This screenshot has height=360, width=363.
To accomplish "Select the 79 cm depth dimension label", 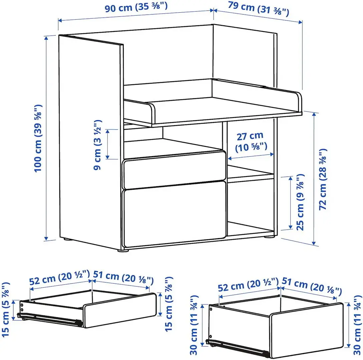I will pyautogui.click(x=258, y=10).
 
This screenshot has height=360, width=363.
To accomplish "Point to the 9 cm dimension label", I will pyautogui.click(x=98, y=145).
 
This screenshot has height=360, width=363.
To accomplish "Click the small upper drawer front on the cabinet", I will pyautogui.click(x=174, y=169).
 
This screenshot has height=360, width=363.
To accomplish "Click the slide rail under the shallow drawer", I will pyautogui.click(x=53, y=318).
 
